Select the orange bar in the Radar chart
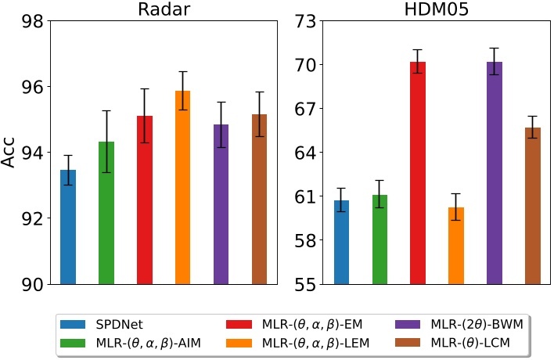coord(182,188)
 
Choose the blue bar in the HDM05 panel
coord(341,242)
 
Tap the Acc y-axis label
coord(10,153)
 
